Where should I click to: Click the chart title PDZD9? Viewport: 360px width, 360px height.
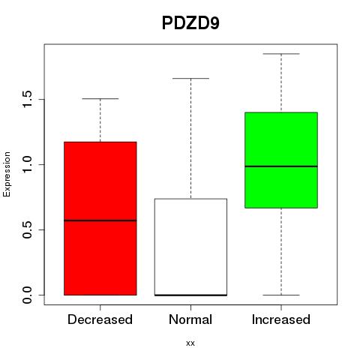[190, 23]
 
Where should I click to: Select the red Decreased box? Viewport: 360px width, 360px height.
[100, 218]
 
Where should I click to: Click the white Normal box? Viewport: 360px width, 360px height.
[190, 247]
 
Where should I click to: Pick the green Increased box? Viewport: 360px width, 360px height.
[281, 160]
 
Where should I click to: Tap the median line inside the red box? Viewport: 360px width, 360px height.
[100, 220]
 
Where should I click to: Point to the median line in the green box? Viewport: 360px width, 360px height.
[281, 166]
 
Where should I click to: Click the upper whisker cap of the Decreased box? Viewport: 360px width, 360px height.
[100, 99]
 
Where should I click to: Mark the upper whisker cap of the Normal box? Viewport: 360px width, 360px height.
[190, 78]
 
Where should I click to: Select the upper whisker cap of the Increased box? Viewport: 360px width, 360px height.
[281, 54]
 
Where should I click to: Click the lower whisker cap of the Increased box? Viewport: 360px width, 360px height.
[281, 295]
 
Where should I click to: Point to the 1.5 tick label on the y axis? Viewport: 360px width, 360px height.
[27, 99]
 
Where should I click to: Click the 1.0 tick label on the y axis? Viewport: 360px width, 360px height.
[27, 164]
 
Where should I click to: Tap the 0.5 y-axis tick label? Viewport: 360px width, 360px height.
[27, 229]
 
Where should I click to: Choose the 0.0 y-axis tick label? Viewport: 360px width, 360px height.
[27, 295]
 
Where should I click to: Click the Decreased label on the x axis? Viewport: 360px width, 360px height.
[100, 319]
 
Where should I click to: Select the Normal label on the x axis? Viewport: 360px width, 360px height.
[190, 319]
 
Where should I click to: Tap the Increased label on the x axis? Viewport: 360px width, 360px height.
[281, 319]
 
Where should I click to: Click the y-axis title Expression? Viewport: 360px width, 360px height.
[7, 174]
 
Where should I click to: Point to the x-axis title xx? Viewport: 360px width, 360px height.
[190, 343]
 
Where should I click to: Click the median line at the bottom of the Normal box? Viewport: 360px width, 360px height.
[190, 295]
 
